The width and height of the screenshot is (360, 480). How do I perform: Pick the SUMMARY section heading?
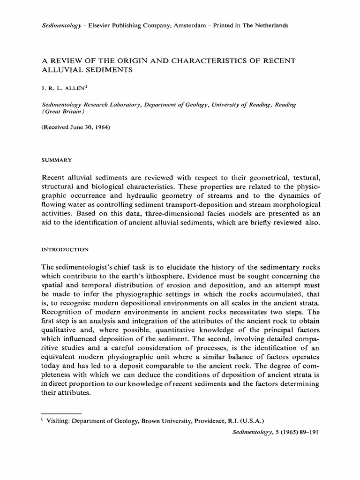[56, 160]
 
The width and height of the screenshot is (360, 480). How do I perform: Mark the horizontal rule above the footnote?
[61, 414]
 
